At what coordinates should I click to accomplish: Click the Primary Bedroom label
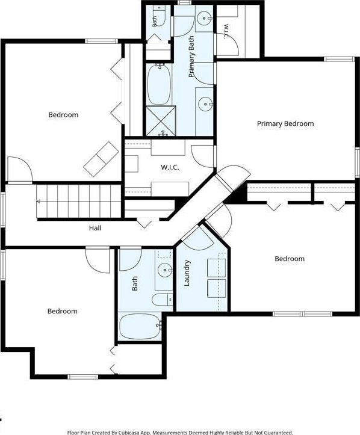[285, 123]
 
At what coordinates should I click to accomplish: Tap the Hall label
[95, 228]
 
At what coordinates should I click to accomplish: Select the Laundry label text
[187, 273]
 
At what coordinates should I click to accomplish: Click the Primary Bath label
[191, 57]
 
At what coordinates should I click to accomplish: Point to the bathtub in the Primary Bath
[159, 84]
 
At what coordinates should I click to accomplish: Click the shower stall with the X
[161, 121]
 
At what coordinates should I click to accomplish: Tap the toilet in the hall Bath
[162, 300]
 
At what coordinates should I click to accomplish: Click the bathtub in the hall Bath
[140, 327]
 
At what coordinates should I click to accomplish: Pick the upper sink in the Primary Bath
[205, 18]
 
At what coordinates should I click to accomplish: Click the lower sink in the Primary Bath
[206, 104]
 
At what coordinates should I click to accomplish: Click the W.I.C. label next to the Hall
[170, 167]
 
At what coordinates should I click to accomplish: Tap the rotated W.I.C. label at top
[226, 31]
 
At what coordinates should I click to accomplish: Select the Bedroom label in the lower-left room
[63, 311]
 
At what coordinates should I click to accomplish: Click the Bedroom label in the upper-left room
[63, 114]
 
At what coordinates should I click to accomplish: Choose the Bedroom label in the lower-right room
[290, 259]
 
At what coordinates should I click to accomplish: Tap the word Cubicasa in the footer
[129, 432]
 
